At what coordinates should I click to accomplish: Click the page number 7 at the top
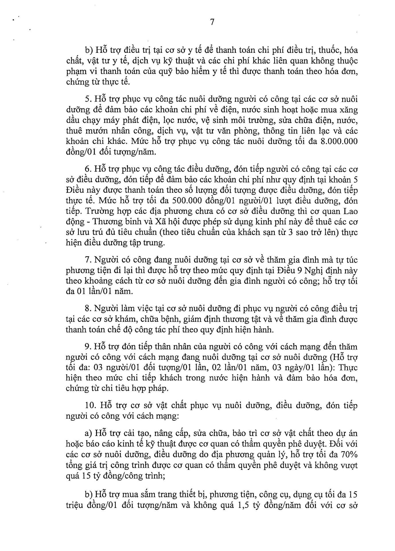[x=212, y=22]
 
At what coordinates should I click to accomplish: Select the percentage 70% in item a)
[x=349, y=455]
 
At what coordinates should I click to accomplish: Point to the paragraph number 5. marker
[x=88, y=100]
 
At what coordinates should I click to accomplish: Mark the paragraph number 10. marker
[x=90, y=406]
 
